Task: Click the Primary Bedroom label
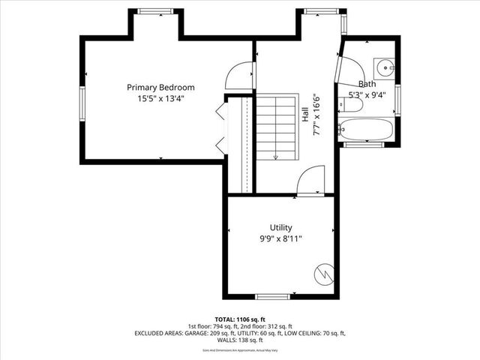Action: coord(160,87)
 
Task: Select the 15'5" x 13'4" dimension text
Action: coord(160,98)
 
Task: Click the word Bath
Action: coord(367,84)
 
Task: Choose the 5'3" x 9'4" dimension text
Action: coord(367,95)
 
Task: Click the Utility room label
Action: coord(281,227)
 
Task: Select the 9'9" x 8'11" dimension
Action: coord(281,238)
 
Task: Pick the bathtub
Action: coord(365,130)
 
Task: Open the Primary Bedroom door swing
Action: coord(241,76)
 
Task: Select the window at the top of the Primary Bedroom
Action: coord(156,11)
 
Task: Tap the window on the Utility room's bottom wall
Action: coord(267,297)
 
